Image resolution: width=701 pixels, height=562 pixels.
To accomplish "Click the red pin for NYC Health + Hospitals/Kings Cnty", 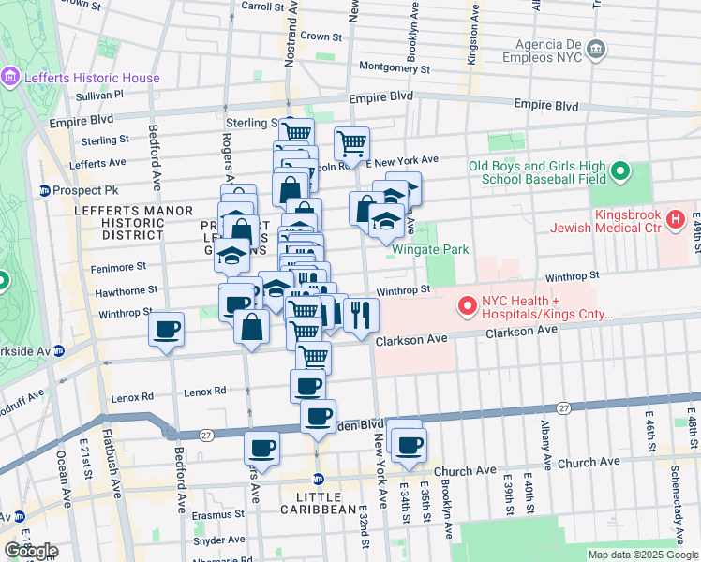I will pos(466,305).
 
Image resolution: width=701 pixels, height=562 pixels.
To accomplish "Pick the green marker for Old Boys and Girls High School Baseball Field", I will pos(619,171).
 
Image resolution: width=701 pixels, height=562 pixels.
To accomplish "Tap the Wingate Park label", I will pos(430,250).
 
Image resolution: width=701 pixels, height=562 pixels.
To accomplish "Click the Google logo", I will pos(30,551).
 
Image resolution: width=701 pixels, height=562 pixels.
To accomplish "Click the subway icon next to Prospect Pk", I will pos(44,190).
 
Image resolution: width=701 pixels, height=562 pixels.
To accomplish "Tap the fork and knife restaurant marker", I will pos(360,314).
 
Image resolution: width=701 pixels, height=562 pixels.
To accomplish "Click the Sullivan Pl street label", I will pos(100,95).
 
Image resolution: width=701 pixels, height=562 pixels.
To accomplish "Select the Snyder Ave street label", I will pos(220,540).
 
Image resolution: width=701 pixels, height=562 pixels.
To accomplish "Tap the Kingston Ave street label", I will pos(472,37).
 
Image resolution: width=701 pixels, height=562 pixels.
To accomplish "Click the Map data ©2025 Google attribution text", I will pos(642,555).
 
